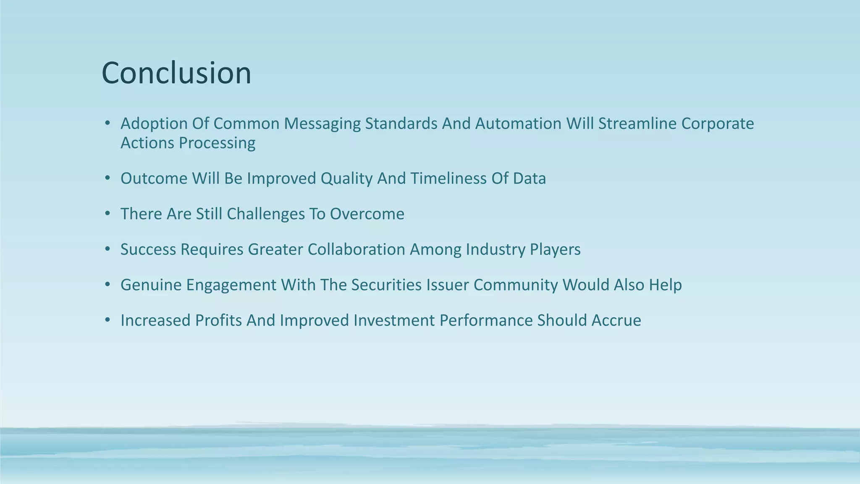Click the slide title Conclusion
[x=176, y=73]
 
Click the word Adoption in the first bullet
[x=154, y=124]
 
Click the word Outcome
[x=154, y=179]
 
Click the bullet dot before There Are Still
[x=107, y=214]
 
